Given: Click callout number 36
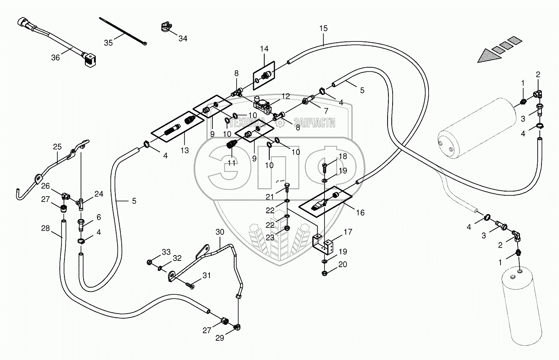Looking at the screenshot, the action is point(56,58).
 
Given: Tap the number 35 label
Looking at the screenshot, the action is point(108,43).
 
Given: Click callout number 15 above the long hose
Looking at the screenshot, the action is point(324,28).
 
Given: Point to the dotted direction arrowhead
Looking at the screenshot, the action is point(489,56).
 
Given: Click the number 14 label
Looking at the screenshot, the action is point(264,49).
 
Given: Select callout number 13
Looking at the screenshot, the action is point(185,151).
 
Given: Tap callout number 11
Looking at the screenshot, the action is point(232,163).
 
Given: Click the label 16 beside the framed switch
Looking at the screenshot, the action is point(360,212).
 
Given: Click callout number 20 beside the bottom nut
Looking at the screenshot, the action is point(343,264).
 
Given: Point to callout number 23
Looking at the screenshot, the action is point(270,237).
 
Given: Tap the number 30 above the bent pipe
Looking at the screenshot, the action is point(220,232).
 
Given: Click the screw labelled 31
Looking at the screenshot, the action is point(190,286).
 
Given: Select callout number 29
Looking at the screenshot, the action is point(220,338).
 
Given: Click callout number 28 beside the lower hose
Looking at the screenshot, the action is point(46,228).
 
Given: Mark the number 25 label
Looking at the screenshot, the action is point(57,147).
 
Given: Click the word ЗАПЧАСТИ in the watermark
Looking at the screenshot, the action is point(314,123).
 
